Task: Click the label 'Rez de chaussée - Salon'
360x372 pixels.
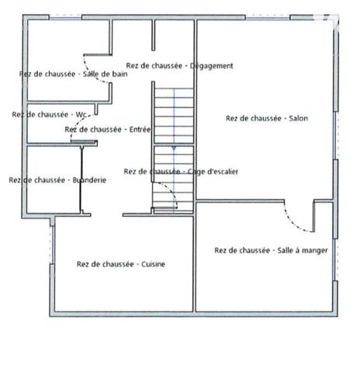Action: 266,119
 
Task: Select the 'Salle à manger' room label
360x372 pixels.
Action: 271,250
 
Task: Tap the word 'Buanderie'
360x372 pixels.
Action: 88,180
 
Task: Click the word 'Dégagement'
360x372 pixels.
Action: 211,66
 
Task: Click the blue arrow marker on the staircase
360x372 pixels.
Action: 173,146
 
